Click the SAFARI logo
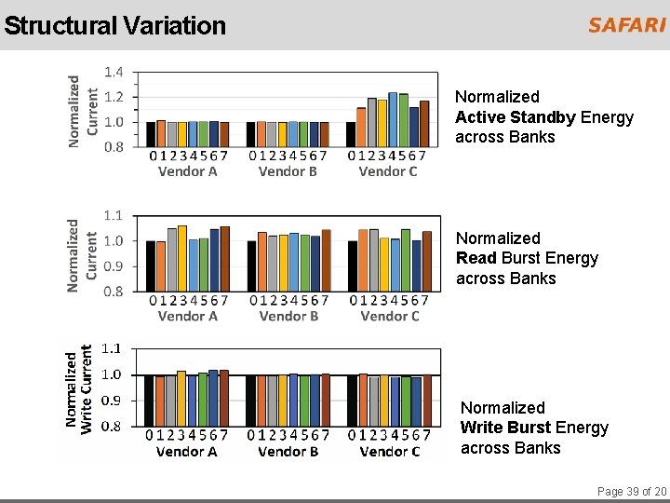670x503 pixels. coord(625,25)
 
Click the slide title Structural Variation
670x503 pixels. coord(114,25)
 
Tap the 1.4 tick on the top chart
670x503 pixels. coord(113,72)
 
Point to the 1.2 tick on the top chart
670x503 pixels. coord(113,97)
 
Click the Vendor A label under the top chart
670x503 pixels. coord(187,171)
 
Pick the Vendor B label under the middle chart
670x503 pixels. coord(288,316)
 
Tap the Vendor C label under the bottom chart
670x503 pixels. coord(389,452)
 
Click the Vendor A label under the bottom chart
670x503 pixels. coord(187,452)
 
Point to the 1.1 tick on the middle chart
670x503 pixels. coord(113,215)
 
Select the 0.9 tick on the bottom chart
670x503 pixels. coord(111,401)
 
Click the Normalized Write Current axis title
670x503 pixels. coord(78,388)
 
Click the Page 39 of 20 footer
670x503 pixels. coord(631,491)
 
